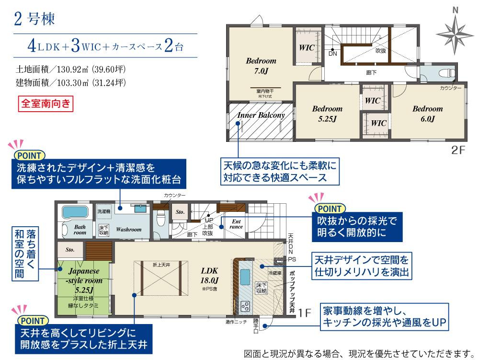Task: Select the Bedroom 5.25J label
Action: point(328,114)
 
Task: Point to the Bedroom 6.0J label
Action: point(427,114)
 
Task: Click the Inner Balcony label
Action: point(261,116)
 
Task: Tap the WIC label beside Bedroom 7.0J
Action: point(307,48)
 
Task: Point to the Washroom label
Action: point(128,230)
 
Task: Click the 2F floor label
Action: point(458,150)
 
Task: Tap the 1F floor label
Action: point(305,312)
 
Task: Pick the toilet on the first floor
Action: point(161,221)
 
